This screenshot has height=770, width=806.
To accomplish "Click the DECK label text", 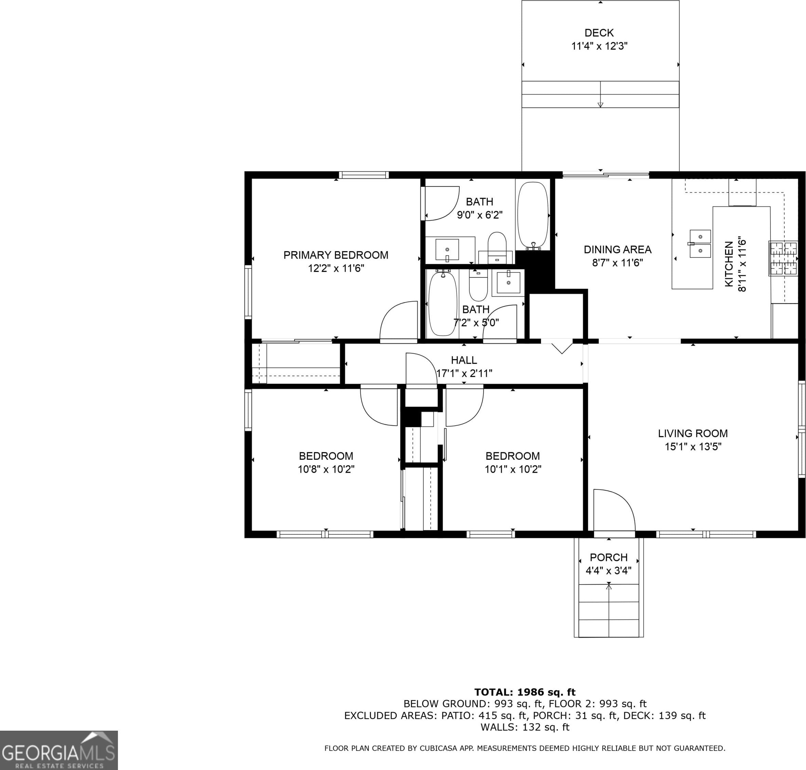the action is [x=599, y=33].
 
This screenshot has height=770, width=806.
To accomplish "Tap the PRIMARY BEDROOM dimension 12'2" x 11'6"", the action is [x=336, y=269].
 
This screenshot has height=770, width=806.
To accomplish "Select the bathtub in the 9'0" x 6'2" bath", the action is [x=533, y=216].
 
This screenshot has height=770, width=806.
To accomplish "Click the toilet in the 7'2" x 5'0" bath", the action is [x=478, y=285].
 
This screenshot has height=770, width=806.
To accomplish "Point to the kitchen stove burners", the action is [x=783, y=258].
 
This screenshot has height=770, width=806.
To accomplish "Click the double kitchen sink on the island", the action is [x=700, y=244].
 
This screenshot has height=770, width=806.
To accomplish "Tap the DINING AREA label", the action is [x=617, y=250].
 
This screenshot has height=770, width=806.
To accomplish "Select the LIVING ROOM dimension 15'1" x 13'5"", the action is [x=693, y=446].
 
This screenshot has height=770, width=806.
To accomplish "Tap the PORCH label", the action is [x=609, y=557].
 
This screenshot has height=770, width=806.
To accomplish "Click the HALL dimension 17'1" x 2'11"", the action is [x=464, y=374].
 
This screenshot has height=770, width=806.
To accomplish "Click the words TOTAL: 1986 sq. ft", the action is [x=525, y=692].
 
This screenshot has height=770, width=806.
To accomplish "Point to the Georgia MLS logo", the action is [x=59, y=750].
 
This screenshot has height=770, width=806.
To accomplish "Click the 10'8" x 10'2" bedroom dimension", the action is [x=326, y=469].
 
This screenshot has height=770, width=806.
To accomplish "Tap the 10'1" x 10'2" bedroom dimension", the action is [x=513, y=469].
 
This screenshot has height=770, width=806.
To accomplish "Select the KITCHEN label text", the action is [x=729, y=264].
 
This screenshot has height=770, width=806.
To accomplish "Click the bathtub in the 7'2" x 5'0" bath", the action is [x=443, y=304].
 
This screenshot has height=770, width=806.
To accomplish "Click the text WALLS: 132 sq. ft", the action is [x=525, y=727].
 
